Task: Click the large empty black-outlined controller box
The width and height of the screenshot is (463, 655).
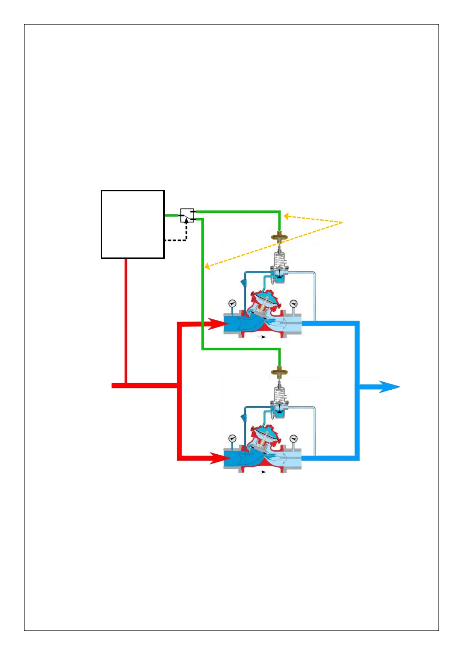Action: coord(133,224)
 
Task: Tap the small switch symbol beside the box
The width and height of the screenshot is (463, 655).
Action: coord(187,215)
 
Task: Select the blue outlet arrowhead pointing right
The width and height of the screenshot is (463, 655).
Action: coord(389,387)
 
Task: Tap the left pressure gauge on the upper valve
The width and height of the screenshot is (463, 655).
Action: coord(232,303)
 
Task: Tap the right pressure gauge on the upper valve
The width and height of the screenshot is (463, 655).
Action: coord(294,304)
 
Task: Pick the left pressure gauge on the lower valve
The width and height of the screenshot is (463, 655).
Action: coord(232,438)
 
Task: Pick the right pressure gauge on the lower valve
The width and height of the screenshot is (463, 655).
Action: coord(294,439)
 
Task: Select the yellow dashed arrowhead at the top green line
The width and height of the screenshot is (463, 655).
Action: coord(287,216)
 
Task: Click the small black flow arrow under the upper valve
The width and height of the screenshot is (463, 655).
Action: coord(262,337)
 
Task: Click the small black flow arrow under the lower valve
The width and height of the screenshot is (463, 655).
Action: coord(262,472)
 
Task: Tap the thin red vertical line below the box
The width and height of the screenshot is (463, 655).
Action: coord(126,319)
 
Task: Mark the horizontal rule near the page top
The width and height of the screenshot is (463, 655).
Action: coord(231,74)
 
